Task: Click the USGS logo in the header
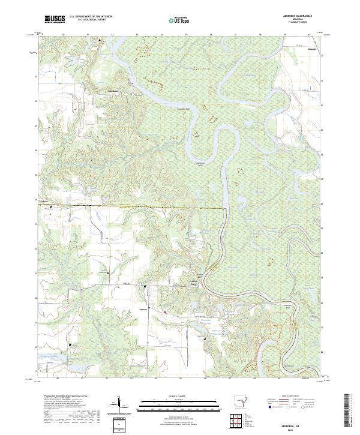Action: point(55,19)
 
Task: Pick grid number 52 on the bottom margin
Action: point(106,379)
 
